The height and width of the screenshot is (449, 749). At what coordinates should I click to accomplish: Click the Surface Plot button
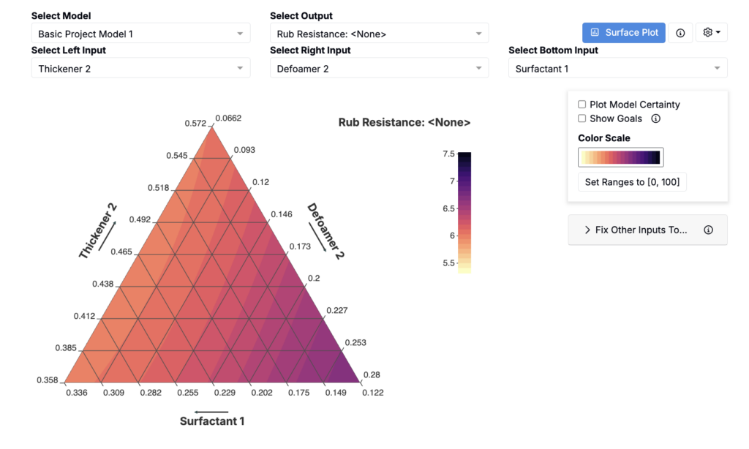[623, 32]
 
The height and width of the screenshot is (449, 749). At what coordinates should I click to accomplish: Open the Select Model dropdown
[140, 34]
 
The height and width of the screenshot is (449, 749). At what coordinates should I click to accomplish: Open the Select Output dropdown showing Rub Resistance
[379, 34]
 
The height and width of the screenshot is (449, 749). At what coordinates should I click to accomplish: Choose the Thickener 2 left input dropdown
[140, 68]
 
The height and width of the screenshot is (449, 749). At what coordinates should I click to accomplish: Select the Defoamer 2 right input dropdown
[379, 68]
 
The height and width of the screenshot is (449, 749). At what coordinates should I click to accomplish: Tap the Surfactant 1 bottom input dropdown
[617, 68]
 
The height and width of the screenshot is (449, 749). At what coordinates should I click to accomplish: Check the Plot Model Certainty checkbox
[581, 104]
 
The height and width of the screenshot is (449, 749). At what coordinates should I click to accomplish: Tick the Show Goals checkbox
[581, 118]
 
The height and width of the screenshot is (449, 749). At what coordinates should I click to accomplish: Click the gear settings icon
[711, 32]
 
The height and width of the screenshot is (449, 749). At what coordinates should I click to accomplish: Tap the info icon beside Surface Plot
[680, 32]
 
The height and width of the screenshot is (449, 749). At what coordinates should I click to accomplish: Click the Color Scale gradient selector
[620, 157]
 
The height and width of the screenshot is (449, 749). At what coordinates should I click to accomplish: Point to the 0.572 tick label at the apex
[195, 124]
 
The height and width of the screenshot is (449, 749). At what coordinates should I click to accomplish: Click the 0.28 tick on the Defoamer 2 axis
[372, 374]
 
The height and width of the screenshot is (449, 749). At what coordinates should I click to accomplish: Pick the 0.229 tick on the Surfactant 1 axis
[225, 393]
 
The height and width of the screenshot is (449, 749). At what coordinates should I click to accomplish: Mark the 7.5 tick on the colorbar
[448, 154]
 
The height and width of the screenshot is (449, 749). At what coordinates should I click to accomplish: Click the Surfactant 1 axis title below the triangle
[212, 420]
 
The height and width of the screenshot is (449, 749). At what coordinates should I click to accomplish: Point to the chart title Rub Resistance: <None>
[404, 122]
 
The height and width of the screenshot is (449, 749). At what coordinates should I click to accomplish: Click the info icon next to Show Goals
[656, 118]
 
